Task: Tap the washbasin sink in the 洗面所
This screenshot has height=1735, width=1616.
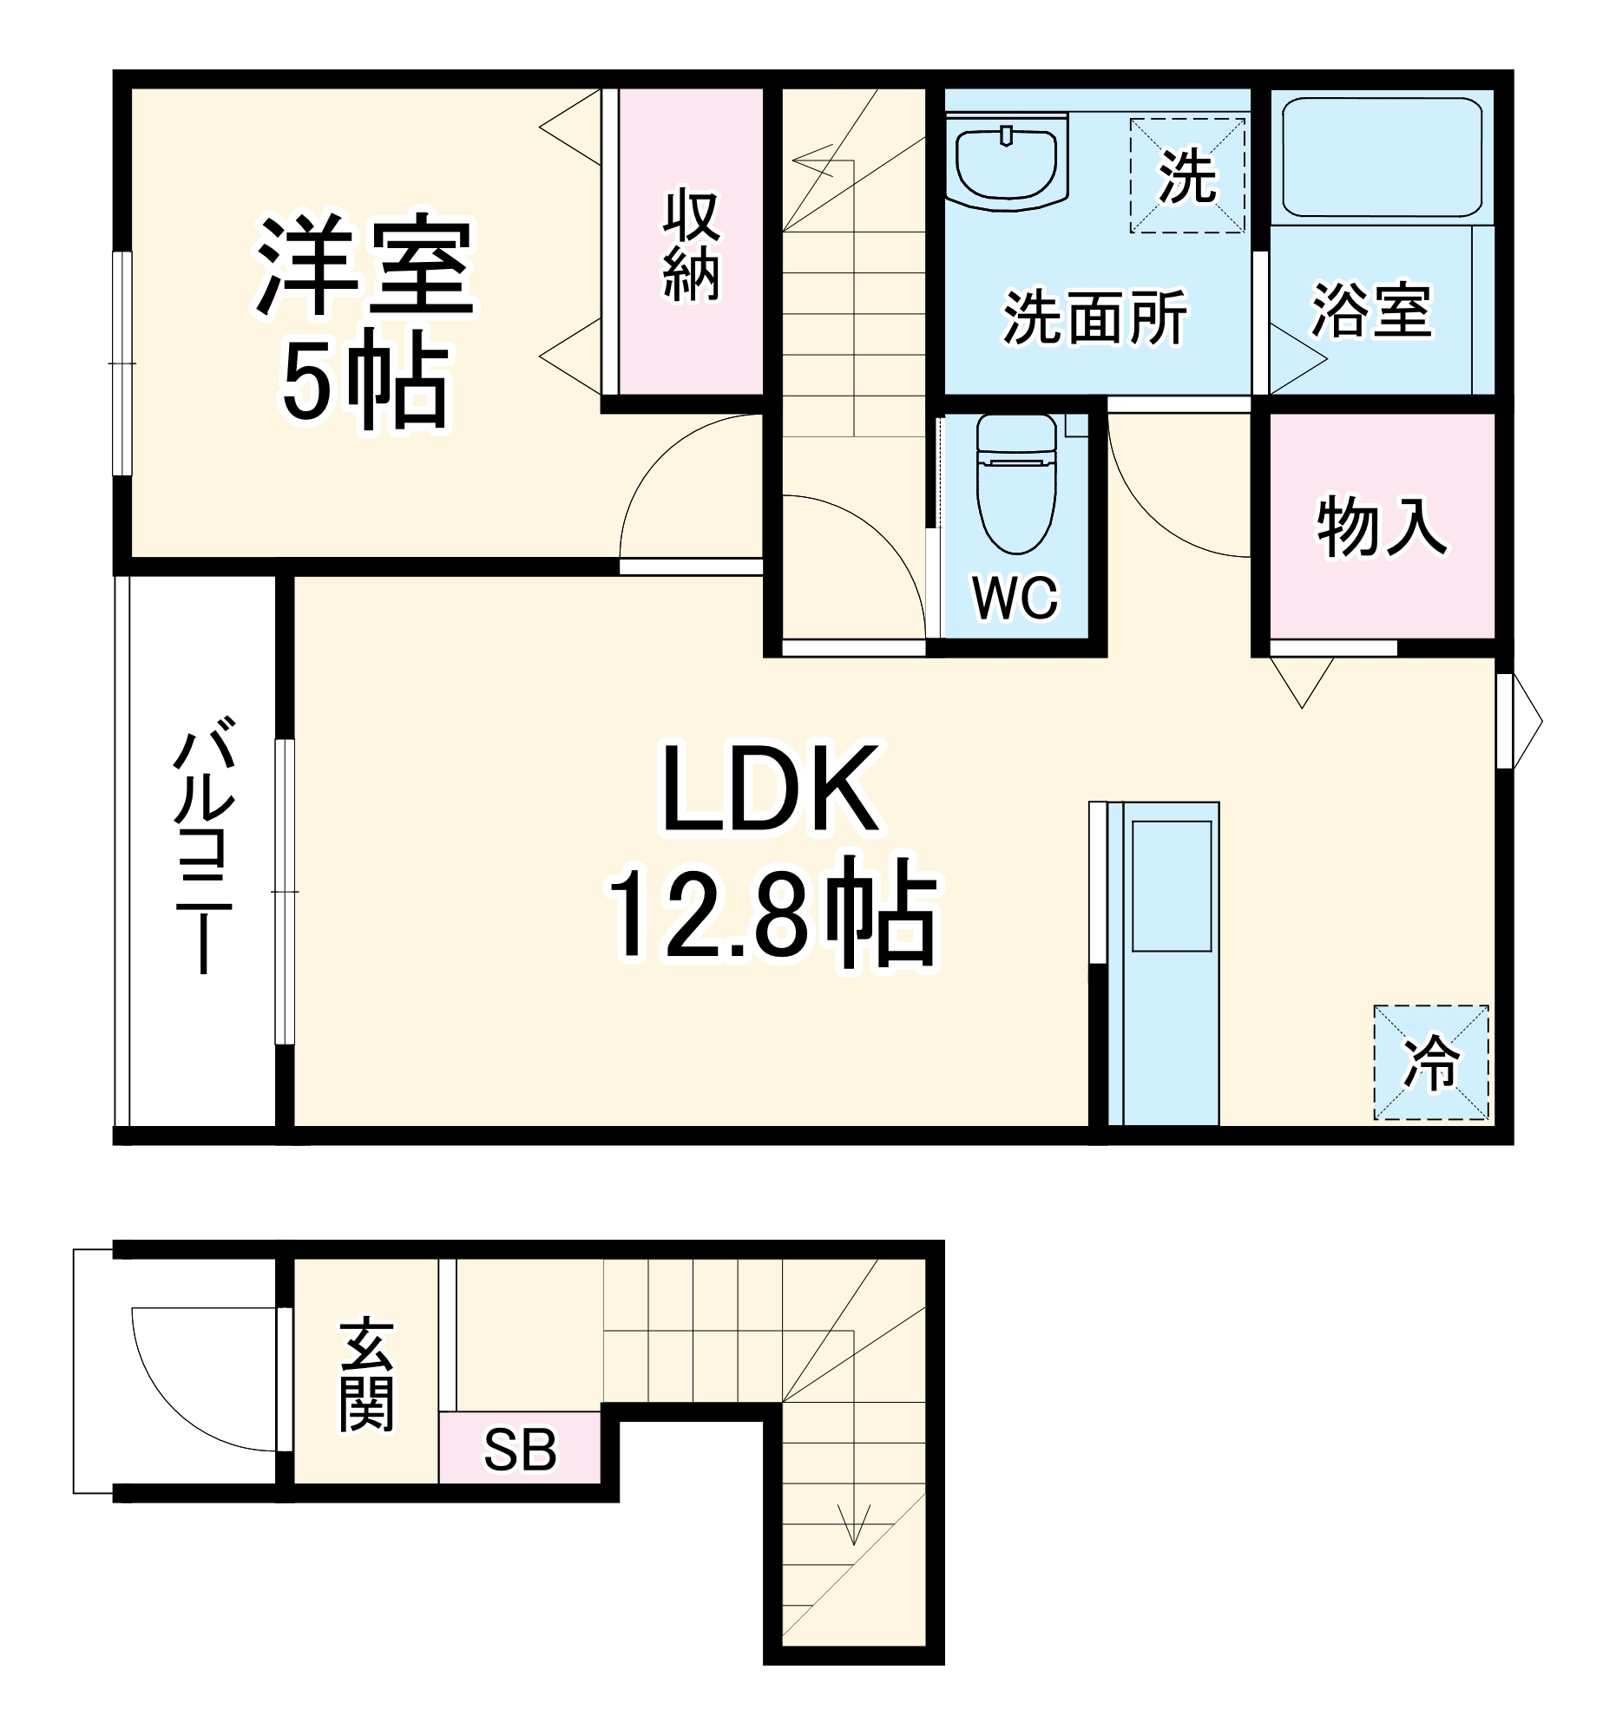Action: click(x=1007, y=164)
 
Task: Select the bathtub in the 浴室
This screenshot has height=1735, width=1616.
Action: click(x=1380, y=157)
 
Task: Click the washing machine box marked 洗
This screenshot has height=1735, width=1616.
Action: click(x=1186, y=176)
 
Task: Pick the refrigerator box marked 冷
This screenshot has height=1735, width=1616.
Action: click(x=1430, y=1062)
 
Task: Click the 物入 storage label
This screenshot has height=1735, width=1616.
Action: click(x=1381, y=527)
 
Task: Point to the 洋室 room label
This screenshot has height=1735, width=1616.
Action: click(x=365, y=265)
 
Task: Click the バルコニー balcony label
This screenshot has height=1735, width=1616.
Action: click(x=202, y=844)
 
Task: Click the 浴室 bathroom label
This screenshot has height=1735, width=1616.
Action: click(x=1371, y=311)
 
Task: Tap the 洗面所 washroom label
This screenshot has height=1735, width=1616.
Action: click(x=1094, y=318)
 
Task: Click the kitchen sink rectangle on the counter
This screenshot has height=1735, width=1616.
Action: click(x=1171, y=886)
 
